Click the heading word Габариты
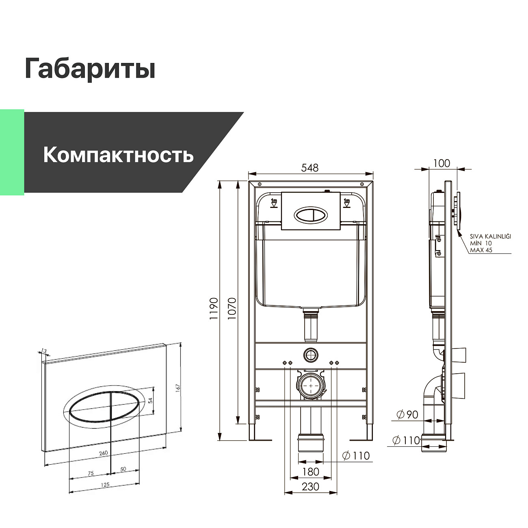[90, 68]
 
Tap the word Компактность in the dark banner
[118, 155]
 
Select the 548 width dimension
[310, 167]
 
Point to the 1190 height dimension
[214, 308]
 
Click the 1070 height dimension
[232, 308]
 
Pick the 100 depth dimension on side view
[441, 163]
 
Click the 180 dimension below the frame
[311, 472]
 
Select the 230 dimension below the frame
[311, 487]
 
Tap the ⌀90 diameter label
[407, 415]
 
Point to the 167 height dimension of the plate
[177, 387]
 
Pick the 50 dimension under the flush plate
[123, 469]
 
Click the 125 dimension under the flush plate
[105, 485]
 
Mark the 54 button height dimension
[150, 400]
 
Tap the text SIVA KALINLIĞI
[490, 236]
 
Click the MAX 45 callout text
[481, 250]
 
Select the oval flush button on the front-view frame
[311, 215]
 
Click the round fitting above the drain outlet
[311, 355]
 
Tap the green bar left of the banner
[12, 152]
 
